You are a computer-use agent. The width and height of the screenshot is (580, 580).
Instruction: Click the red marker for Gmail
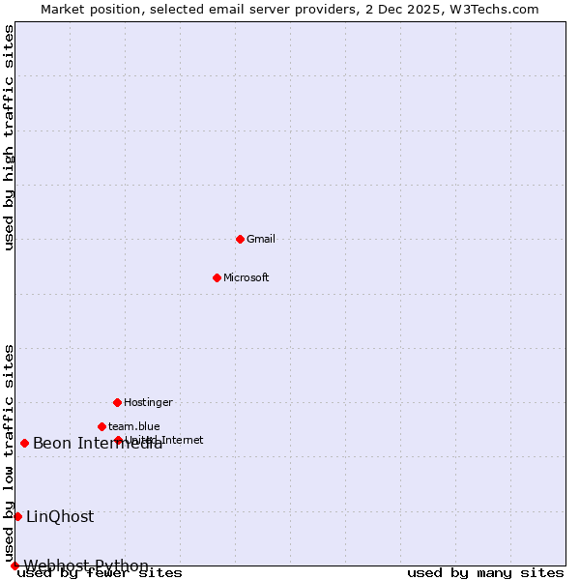(x=240, y=239)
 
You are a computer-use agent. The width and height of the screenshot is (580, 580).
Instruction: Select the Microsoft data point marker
(x=217, y=277)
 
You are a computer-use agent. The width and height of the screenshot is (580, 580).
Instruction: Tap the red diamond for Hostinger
(x=117, y=402)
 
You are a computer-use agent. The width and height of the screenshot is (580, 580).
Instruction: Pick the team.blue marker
(x=101, y=426)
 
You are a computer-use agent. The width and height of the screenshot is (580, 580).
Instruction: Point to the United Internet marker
(x=118, y=440)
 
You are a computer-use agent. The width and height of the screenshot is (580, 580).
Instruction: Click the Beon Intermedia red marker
(x=24, y=443)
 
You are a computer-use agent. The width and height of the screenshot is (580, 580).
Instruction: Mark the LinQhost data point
(x=17, y=516)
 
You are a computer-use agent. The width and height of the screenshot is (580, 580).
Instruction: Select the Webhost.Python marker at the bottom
(x=14, y=565)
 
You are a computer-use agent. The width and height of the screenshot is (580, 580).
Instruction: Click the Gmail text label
(x=261, y=239)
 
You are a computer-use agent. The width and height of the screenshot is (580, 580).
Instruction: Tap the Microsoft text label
(x=246, y=277)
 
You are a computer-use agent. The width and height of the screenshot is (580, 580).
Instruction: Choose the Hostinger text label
(x=148, y=402)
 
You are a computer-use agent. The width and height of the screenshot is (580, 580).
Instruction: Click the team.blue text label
(x=134, y=426)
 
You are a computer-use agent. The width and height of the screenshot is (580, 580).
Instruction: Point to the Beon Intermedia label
(x=98, y=444)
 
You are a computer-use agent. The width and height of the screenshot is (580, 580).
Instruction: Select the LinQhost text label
(x=60, y=517)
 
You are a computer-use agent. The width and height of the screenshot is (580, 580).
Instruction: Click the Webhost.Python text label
(x=86, y=565)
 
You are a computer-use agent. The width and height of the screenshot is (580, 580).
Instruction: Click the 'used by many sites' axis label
(x=485, y=573)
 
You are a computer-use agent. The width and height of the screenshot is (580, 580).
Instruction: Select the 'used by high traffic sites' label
(x=10, y=137)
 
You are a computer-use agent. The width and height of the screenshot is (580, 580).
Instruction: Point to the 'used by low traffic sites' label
(x=10, y=452)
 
